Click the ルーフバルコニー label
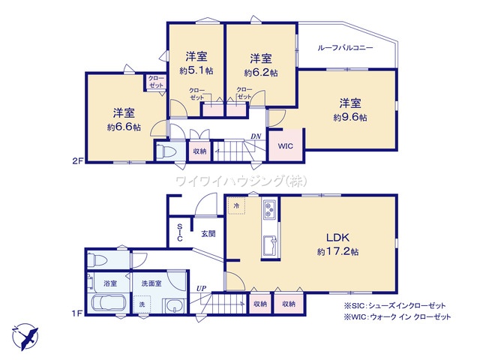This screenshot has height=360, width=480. (x=346, y=47)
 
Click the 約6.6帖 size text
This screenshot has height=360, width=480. (x=123, y=127)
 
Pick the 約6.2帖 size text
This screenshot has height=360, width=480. (x=260, y=73)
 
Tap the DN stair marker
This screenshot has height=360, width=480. (x=256, y=136)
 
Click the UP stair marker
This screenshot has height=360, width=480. (x=201, y=288)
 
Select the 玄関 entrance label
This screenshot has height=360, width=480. (x=208, y=233)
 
